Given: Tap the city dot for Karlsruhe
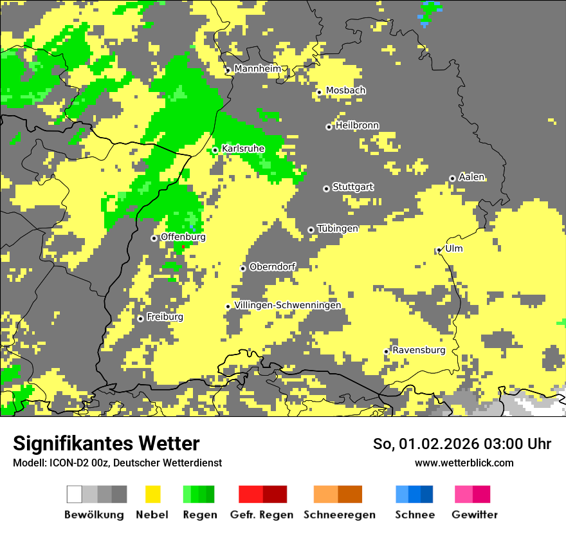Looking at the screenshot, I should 215,150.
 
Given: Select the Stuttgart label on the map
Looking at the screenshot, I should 352,187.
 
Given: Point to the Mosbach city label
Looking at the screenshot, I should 345,91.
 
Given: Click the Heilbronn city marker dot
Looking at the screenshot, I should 329,127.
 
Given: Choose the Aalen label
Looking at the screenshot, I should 471,177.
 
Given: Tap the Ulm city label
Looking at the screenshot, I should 453,248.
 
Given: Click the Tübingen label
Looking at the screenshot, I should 337,228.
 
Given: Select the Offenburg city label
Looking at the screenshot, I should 183,237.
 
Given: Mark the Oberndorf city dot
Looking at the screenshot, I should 243,268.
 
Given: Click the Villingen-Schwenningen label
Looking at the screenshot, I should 288,305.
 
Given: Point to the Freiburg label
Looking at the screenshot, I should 165,317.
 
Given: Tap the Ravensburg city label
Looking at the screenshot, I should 419,350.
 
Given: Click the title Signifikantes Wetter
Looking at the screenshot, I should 106,443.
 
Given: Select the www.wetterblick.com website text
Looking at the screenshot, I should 464,463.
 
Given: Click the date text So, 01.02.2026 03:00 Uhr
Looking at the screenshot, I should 462,444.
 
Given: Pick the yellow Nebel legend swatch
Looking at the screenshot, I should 152,494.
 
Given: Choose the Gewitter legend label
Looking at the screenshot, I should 474,515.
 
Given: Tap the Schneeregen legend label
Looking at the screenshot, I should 339,515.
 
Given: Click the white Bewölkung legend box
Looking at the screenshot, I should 75,494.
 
